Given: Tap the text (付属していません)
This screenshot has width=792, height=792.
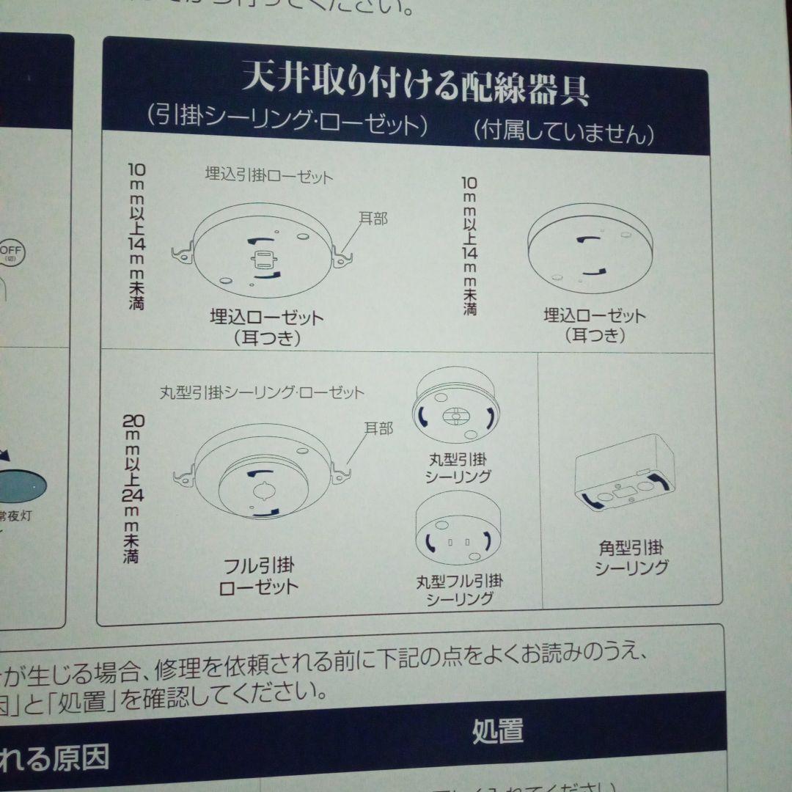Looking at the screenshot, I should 563,133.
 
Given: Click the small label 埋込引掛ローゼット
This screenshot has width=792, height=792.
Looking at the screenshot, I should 268,177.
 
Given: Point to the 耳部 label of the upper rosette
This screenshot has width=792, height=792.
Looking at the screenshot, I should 373,219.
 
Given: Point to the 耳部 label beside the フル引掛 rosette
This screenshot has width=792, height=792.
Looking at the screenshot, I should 378,429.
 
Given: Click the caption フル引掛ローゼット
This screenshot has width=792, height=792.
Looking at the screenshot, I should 259,576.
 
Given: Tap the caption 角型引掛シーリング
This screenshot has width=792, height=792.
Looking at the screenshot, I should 631,557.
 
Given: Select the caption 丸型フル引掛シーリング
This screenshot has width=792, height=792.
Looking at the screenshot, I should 459,590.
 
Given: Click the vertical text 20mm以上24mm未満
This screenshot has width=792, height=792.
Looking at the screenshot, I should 133,488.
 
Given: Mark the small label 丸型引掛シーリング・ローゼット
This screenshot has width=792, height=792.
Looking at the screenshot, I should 262,392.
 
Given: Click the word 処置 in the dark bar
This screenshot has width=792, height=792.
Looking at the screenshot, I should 497,731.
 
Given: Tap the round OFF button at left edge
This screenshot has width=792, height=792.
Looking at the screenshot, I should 12,253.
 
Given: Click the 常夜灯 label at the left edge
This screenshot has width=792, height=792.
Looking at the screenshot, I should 16,516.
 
